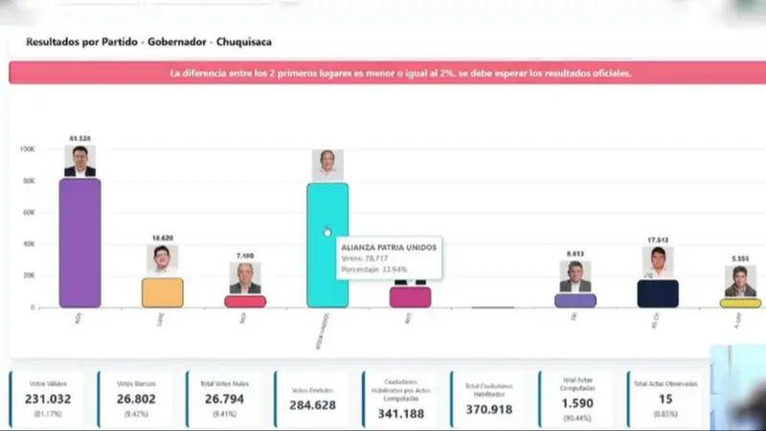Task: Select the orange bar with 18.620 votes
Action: [x=163, y=292]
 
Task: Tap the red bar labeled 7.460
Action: [x=245, y=301]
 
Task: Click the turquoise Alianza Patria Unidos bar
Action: [x=327, y=245]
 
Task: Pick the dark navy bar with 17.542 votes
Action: [x=658, y=293]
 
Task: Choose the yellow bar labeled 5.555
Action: [x=740, y=303]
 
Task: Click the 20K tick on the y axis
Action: [x=29, y=276]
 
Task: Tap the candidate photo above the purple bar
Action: [x=79, y=161]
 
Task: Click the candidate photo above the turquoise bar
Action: [x=327, y=165]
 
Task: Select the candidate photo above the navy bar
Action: [x=658, y=262]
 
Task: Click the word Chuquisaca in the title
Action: [x=243, y=42]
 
